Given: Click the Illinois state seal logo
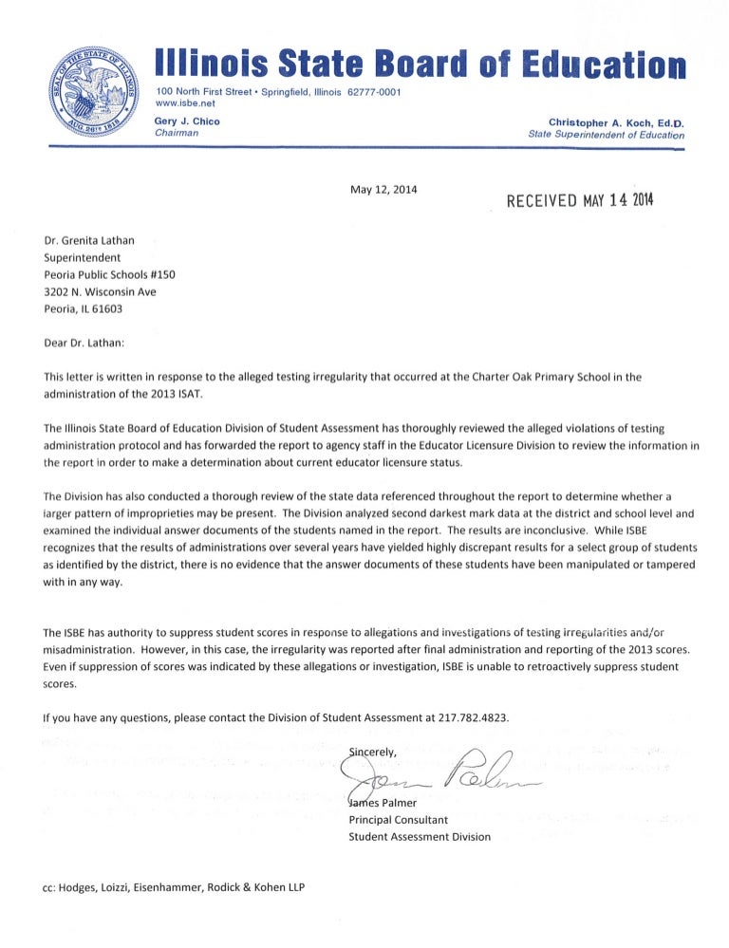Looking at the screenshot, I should pyautogui.click(x=95, y=87).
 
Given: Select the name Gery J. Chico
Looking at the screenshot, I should pyautogui.click(x=187, y=121).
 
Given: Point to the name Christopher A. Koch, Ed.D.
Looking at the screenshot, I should pyautogui.click(x=617, y=122).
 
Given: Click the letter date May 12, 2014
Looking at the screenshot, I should pyautogui.click(x=384, y=189).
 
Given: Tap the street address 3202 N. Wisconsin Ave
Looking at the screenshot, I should pyautogui.click(x=100, y=291).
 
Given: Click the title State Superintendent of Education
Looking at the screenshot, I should pyautogui.click(x=606, y=135).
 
